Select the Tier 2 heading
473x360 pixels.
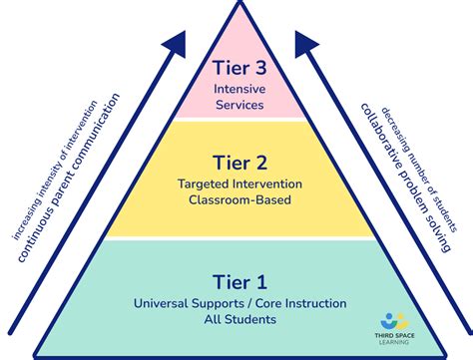click(237, 163)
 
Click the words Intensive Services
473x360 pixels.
click(237, 95)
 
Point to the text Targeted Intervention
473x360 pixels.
click(237, 183)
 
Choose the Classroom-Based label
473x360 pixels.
click(237, 199)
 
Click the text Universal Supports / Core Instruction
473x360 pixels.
click(237, 302)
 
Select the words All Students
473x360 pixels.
click(237, 319)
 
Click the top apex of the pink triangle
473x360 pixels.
click(237, 20)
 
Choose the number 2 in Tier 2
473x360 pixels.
click(263, 163)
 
